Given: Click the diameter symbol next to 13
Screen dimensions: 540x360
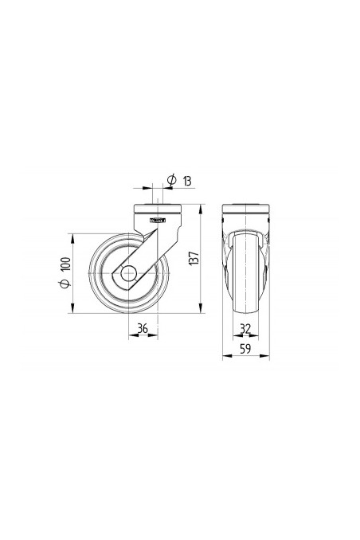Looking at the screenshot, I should [x=172, y=180].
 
